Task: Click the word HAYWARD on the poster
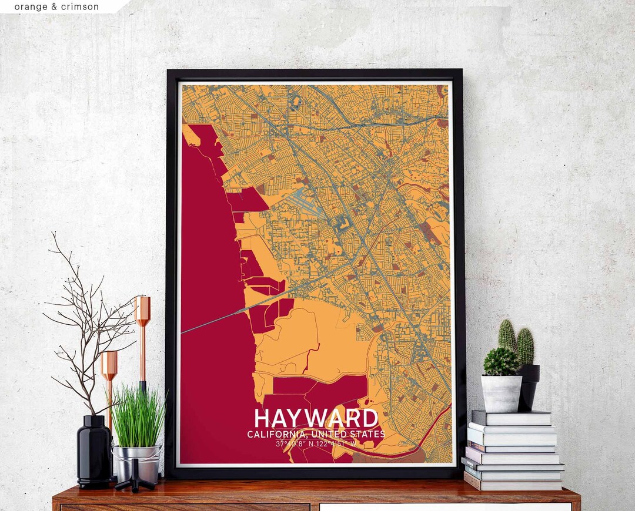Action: coord(316,418)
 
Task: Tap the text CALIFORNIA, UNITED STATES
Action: coord(316,434)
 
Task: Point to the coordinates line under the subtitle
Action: coord(316,443)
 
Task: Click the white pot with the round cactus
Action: coord(501,393)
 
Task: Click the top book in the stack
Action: coord(511,418)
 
